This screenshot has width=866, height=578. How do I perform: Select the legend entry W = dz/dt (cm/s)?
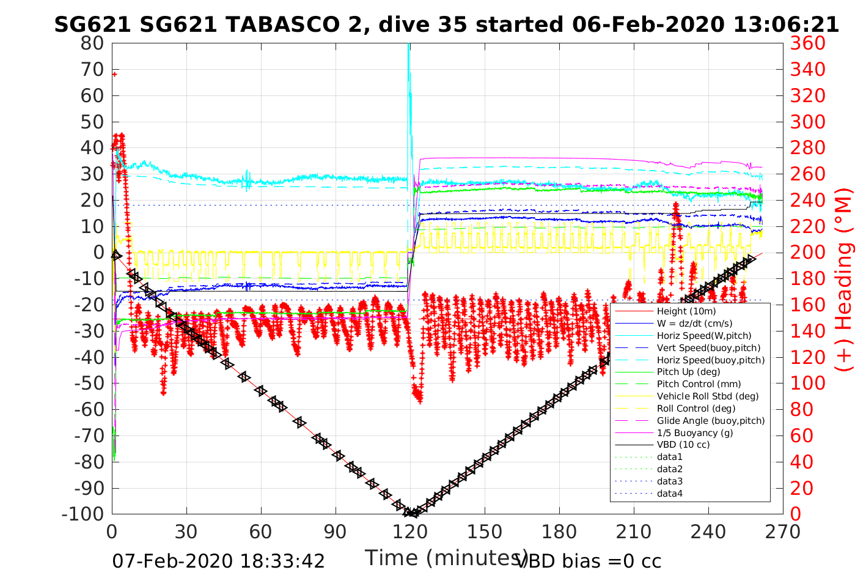694,324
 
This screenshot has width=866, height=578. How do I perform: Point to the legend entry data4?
669,494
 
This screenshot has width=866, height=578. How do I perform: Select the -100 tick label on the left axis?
83,514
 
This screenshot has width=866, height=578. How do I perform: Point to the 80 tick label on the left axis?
92,43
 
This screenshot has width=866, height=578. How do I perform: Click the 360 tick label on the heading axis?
807,43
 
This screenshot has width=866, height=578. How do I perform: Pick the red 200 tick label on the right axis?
807,252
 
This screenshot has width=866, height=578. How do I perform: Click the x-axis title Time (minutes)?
446,558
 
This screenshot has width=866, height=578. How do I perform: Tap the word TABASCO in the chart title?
283,24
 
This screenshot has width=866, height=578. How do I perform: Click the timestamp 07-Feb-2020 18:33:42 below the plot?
218,561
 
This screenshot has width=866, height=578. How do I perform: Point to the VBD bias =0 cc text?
589,561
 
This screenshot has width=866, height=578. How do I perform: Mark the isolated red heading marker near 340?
114,74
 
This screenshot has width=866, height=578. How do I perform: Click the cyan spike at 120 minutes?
408,67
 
